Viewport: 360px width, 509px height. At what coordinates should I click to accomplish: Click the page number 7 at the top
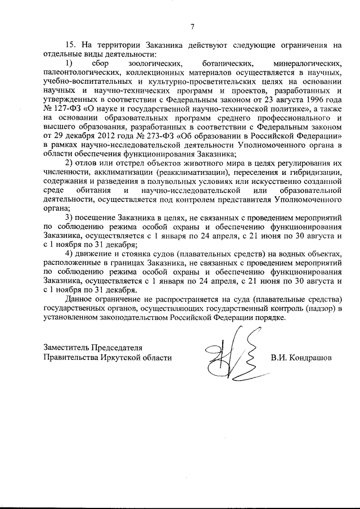point(192,26)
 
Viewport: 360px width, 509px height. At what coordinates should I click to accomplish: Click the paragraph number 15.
point(71,44)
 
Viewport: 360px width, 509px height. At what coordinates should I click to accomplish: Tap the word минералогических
point(307,64)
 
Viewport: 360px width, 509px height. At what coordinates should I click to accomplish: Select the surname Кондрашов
point(309,357)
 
